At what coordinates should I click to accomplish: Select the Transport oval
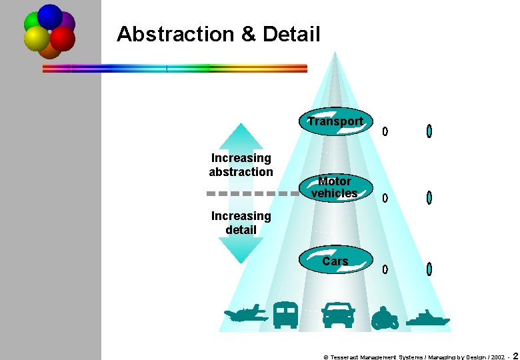pyautogui.click(x=335, y=121)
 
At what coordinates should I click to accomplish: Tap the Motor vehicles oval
pyautogui.click(x=335, y=188)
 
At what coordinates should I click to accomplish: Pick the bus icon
pyautogui.click(x=285, y=315)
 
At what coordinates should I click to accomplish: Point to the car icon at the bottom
pyautogui.click(x=338, y=315)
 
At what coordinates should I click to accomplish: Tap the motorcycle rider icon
pyautogui.click(x=385, y=317)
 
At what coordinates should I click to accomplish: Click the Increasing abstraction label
pyautogui.click(x=241, y=165)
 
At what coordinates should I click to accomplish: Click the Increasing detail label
pyautogui.click(x=241, y=223)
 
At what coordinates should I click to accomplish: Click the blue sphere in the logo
pyautogui.click(x=49, y=15)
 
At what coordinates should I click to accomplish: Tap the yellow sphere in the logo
pyautogui.click(x=36, y=39)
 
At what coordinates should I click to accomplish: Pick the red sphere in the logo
pyautogui.click(x=63, y=39)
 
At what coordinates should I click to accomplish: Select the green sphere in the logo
pyautogui.click(x=31, y=23)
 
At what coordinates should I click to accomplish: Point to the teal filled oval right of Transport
pyautogui.click(x=429, y=131)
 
